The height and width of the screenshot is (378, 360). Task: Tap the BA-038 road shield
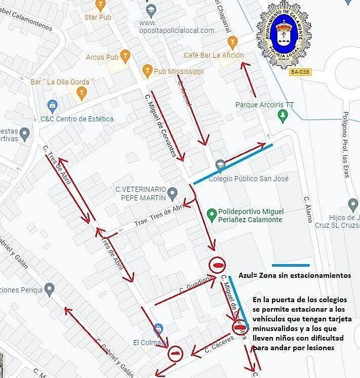pos(300,72)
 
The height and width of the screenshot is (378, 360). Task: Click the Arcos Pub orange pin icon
pos(125,57)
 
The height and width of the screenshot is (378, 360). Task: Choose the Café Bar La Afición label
pos(213,55)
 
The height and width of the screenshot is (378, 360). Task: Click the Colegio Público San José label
pos(248,179)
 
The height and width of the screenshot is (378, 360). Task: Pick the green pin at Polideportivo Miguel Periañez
pos(211,214)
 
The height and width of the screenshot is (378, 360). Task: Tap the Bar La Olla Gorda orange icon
pos(82,95)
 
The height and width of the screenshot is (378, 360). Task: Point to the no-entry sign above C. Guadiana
pos(217,265)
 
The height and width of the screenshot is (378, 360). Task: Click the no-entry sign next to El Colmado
pos(175,353)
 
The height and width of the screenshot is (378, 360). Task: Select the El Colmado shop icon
pos(159,329)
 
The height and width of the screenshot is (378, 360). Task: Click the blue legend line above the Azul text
pos(290,265)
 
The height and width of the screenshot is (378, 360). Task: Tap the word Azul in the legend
pos(247,275)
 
